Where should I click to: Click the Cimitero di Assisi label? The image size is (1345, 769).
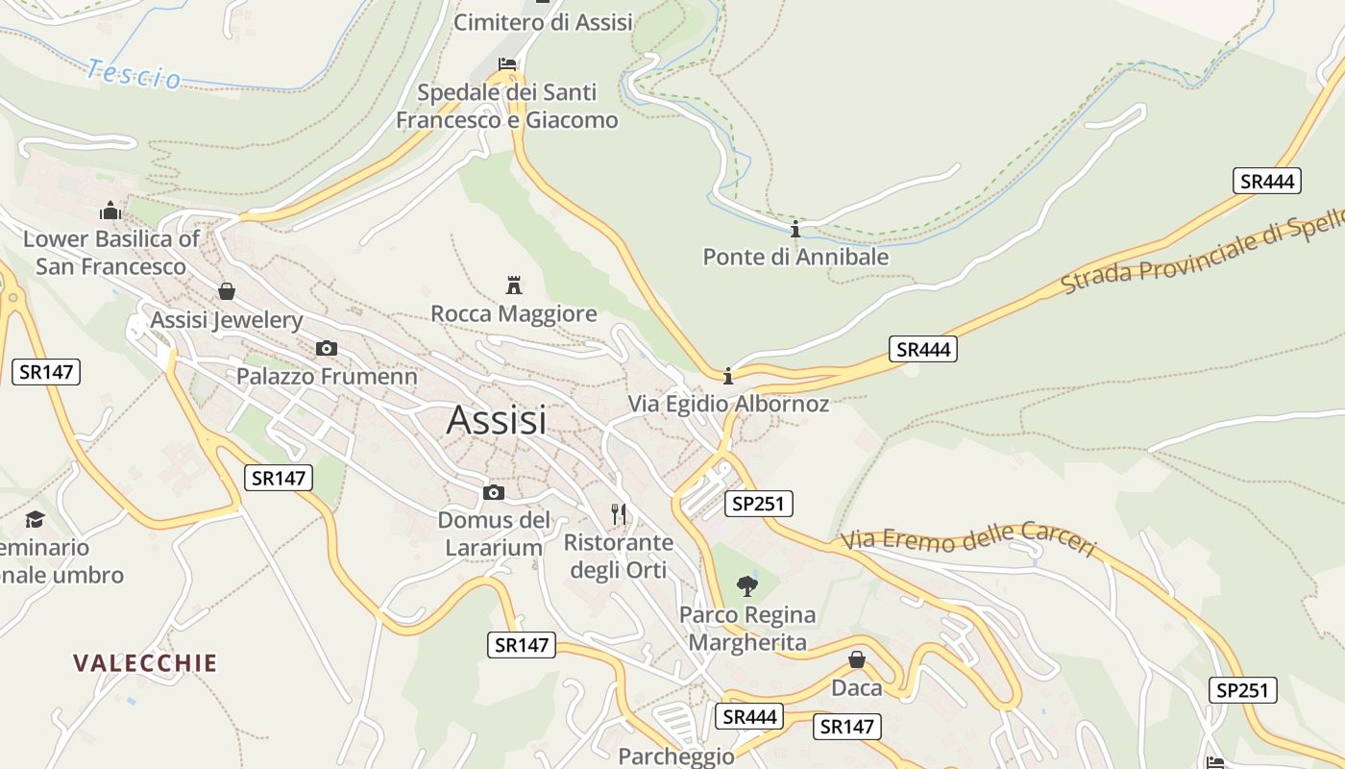click(x=543, y=22)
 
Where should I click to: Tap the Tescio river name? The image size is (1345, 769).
click(x=133, y=73)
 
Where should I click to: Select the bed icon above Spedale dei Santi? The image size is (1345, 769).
click(x=507, y=64)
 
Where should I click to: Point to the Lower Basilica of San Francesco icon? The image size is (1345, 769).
click(x=110, y=211)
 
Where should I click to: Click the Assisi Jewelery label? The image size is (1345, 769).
click(x=227, y=320)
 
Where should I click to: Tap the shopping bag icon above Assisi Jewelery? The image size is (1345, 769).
click(x=227, y=291)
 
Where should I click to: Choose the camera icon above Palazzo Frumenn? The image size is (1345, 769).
click(x=327, y=348)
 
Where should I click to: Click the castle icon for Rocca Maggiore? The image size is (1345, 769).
click(x=514, y=285)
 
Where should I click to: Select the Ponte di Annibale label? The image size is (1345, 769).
click(x=795, y=258)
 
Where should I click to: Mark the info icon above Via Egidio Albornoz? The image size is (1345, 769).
click(x=728, y=375)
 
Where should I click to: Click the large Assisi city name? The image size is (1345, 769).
click(x=496, y=420)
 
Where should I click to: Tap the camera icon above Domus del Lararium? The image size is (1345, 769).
click(x=494, y=493)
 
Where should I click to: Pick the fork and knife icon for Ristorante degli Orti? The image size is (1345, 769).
click(x=619, y=514)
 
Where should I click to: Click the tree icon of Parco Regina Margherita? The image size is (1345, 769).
click(x=746, y=585)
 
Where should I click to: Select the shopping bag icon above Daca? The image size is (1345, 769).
click(x=856, y=659)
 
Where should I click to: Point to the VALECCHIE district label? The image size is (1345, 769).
click(x=145, y=663)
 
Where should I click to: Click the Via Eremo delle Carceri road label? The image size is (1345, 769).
click(x=968, y=541)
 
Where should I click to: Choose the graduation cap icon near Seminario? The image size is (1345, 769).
click(x=36, y=519)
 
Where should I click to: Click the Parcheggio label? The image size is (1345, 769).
click(x=676, y=757)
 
